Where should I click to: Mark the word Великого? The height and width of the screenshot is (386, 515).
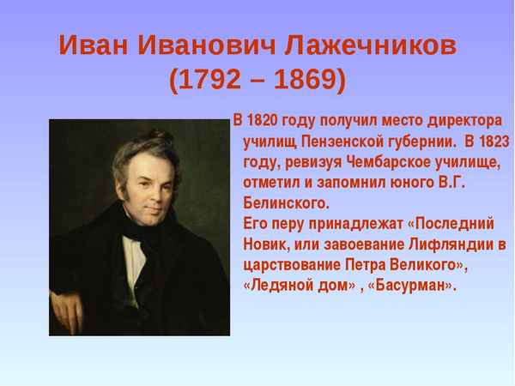coord(421,265)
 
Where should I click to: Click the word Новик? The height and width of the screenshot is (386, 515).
coord(265,244)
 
